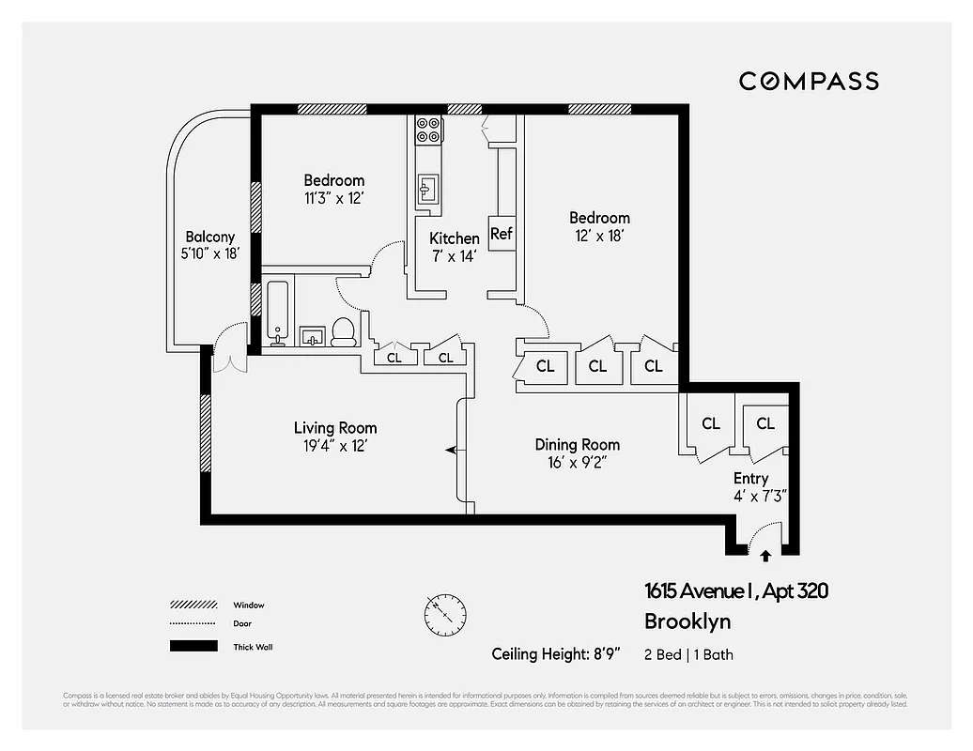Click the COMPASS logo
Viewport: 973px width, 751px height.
(809, 82)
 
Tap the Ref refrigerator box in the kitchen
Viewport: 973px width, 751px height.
(502, 234)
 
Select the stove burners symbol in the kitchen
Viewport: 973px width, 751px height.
(429, 129)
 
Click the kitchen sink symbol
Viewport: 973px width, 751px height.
(428, 188)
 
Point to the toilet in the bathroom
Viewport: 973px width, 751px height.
(344, 331)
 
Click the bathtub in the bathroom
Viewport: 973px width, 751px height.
(277, 311)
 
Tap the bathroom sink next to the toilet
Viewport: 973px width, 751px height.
(312, 335)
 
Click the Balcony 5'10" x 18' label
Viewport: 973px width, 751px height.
(210, 246)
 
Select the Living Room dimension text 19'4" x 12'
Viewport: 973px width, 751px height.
(335, 447)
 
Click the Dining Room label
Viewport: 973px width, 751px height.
(578, 444)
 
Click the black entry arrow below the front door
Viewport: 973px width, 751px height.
(765, 556)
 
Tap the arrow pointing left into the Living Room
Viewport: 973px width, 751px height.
(452, 451)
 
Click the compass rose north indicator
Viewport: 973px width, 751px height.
(444, 615)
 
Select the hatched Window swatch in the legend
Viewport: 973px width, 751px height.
(193, 605)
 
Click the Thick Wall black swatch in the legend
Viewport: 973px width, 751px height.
(193, 646)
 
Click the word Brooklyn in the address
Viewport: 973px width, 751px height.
(687, 621)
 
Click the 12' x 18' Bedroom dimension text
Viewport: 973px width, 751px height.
(599, 236)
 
